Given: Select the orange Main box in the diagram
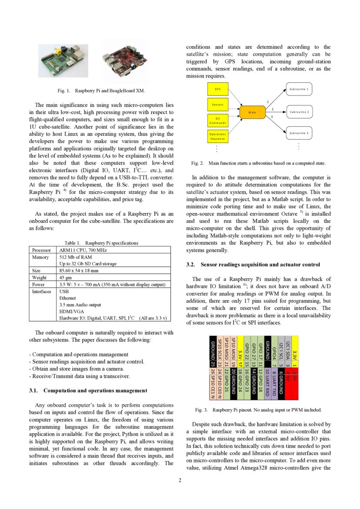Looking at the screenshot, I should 252,112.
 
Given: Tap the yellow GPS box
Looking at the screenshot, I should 218,89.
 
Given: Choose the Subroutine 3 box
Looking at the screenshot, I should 299,133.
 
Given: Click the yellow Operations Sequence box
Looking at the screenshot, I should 218,136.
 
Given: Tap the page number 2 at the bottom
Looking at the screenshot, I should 179,480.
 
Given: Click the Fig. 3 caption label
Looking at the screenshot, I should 201,410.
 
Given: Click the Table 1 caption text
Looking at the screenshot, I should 101,243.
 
